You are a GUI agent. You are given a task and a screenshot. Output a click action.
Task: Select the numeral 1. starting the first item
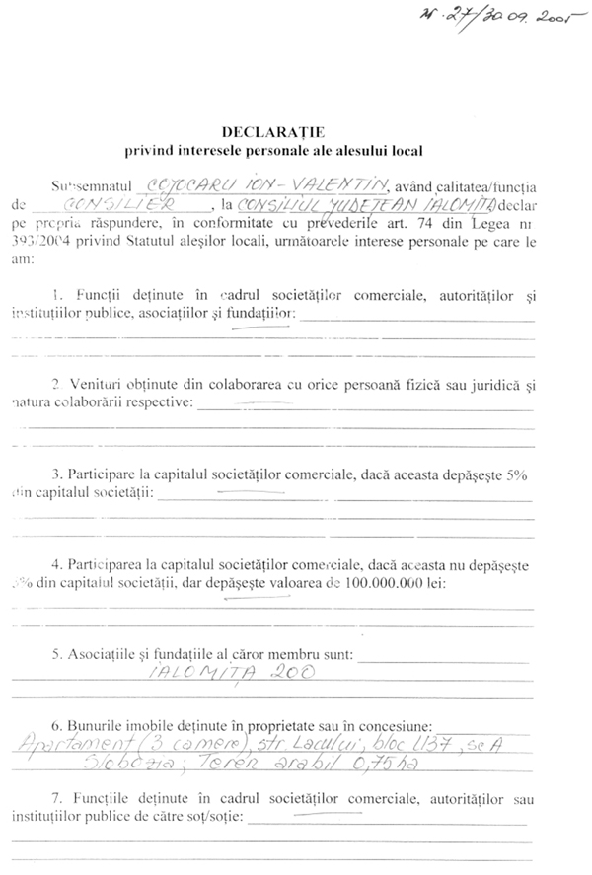pos(57,296)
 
